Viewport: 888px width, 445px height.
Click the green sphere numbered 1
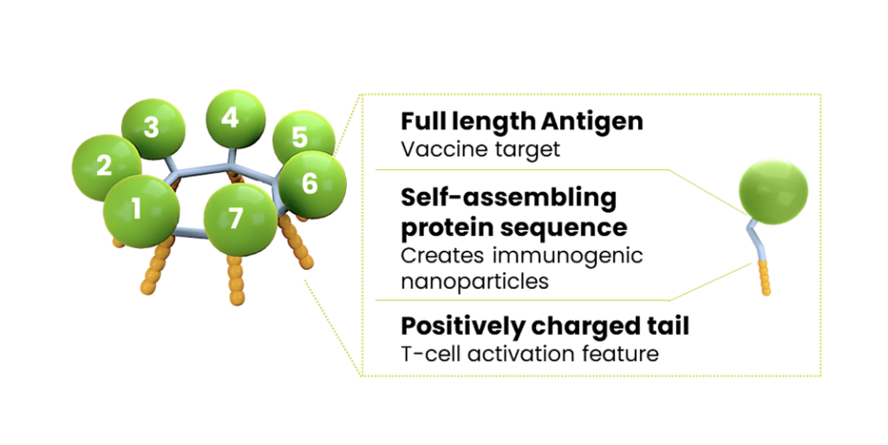tap(141, 211)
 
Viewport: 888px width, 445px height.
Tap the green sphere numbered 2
tap(104, 167)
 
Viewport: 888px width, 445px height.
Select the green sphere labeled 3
tap(153, 128)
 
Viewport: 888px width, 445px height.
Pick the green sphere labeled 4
tap(235, 118)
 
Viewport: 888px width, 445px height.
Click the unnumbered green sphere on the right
tap(774, 192)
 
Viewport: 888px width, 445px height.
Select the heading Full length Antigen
tap(521, 121)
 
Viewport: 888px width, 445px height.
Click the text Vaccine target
tap(480, 149)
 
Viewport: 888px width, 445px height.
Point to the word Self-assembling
tap(508, 198)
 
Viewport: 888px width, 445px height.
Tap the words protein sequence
tap(514, 227)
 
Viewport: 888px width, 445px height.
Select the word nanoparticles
tap(474, 281)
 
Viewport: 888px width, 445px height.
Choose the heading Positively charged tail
tap(545, 327)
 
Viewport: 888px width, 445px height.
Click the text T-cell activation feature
tap(530, 354)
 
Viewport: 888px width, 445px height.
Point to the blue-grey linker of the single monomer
tap(755, 240)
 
